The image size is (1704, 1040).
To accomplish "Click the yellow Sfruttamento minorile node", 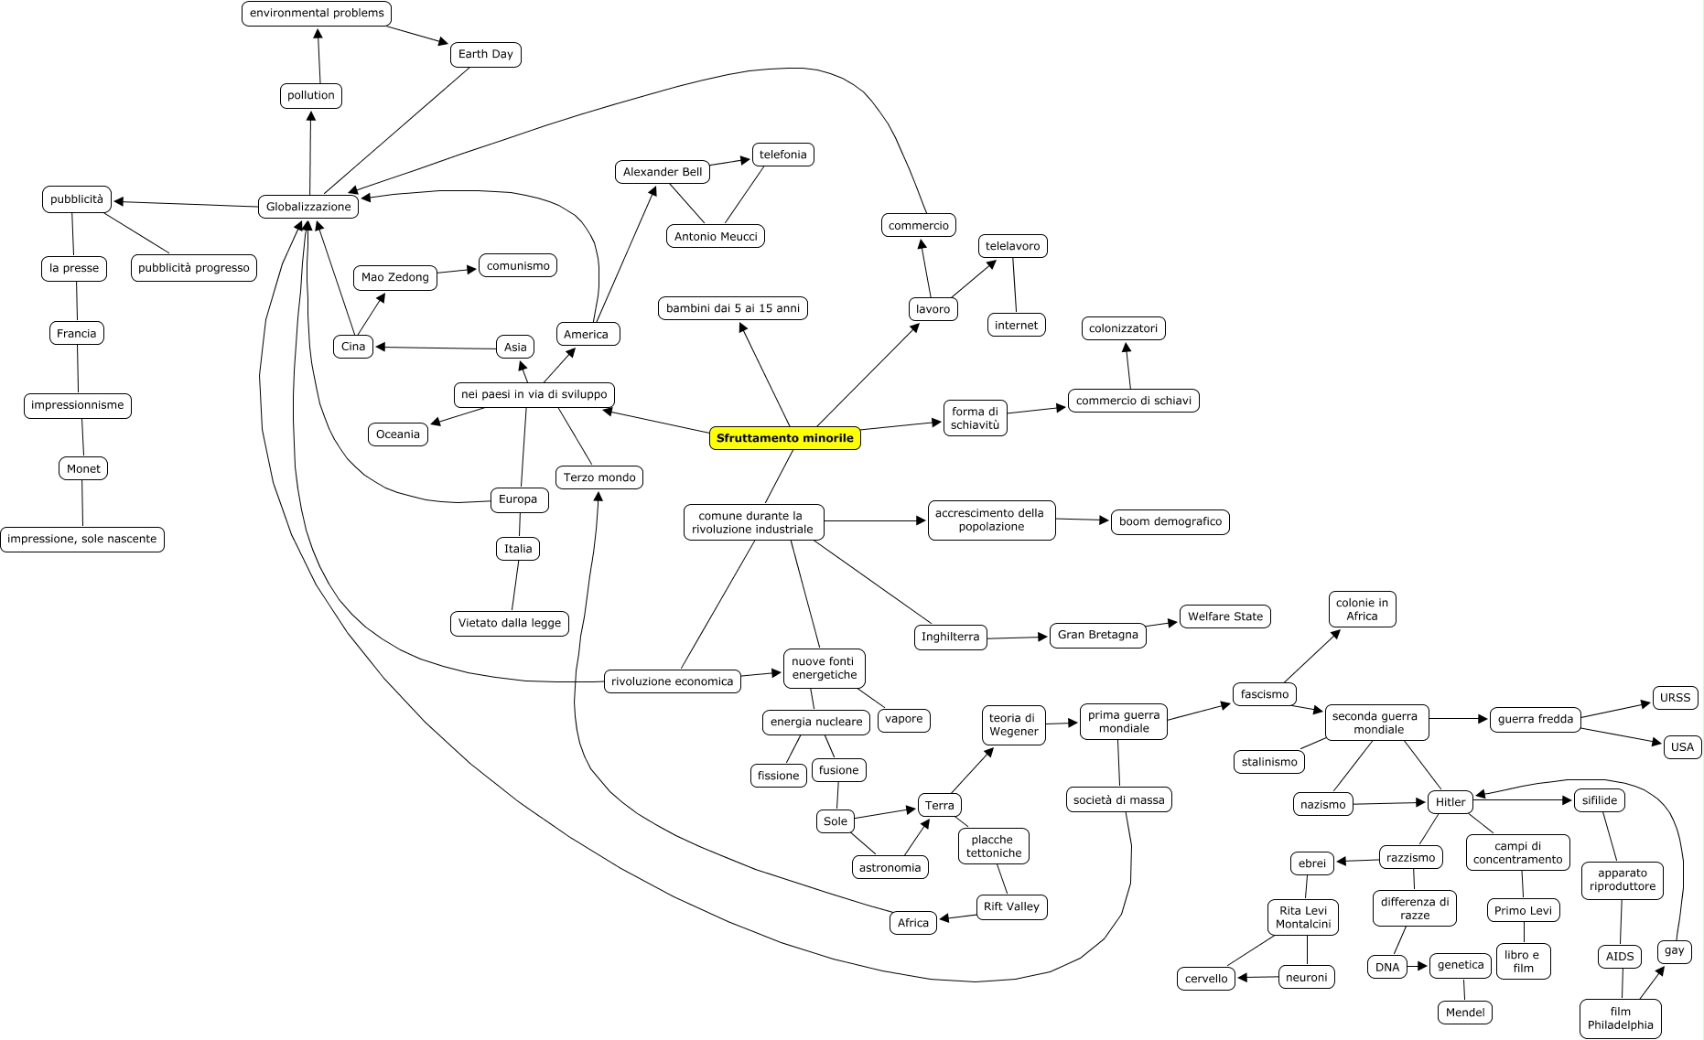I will point(784,438).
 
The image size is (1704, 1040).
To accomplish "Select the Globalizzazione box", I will point(308,207).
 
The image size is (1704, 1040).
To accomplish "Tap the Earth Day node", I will point(485,54).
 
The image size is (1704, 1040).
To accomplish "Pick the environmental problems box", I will point(317,14).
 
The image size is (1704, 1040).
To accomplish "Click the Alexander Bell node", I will point(662,172).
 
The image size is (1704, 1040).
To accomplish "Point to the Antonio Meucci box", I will point(716,236).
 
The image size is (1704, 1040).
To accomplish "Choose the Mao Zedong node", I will point(394,277).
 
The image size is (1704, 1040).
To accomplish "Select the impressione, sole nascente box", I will point(82,539).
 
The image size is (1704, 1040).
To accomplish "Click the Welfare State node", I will point(1224,616).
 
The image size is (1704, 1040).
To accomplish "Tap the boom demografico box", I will point(1170,521).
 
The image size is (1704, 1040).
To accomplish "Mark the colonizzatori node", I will point(1123,328).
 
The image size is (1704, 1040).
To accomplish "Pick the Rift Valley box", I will point(1011,906).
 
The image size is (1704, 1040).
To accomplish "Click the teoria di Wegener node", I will point(1013,724).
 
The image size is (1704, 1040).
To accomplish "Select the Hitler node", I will point(1450,802).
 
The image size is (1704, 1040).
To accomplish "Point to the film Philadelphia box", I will point(1620,1018).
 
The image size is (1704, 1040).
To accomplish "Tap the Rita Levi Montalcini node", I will point(1302,917).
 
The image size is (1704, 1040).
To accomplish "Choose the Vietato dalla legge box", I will point(509,623).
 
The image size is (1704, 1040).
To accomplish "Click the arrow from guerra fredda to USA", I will point(1620,737).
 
